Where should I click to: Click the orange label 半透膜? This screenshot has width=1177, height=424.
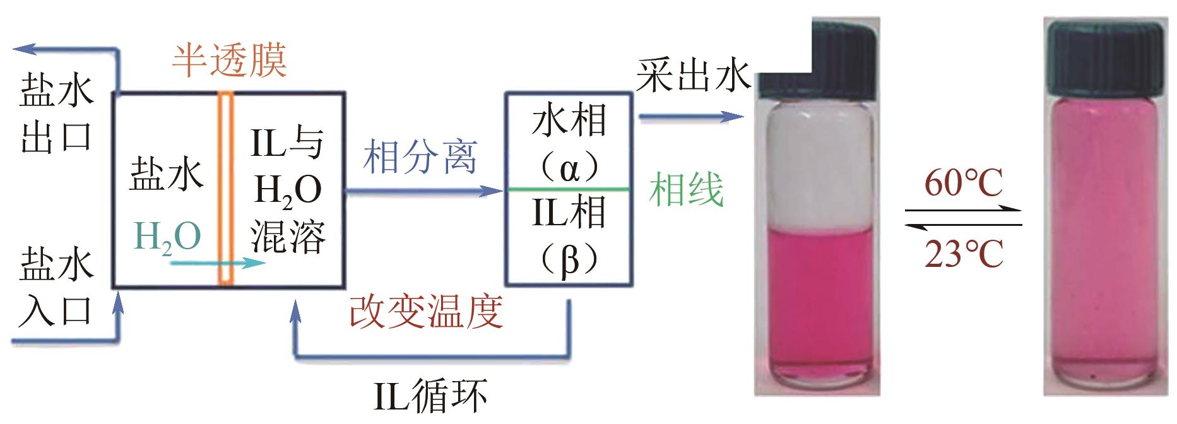pos(229,61)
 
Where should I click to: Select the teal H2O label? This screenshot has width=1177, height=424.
pos(168,237)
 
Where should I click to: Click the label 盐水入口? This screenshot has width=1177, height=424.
pos(56,287)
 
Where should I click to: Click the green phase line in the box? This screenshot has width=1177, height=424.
pos(569,189)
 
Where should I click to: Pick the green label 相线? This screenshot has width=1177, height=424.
pos(686,189)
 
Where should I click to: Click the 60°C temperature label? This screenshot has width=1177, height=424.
pos(964,184)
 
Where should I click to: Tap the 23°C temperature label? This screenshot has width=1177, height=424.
pos(964,254)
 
